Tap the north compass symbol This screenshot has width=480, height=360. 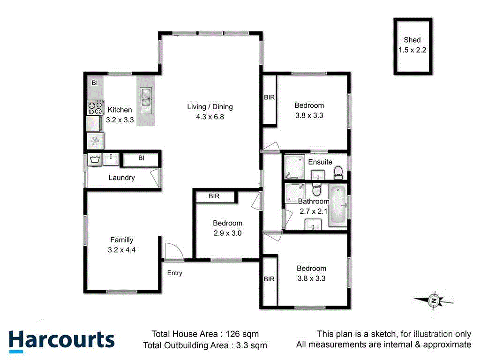[434, 300]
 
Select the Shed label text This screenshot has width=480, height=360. [412, 40]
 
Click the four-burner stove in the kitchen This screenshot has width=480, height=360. [95, 108]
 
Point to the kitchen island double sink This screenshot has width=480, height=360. [146, 97]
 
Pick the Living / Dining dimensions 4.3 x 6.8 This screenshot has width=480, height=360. [210, 117]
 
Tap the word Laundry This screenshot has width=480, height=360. [122, 178]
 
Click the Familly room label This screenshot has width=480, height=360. [122, 240]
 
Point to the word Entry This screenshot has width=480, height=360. [175, 273]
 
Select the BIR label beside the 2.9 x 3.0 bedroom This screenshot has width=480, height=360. [214, 196]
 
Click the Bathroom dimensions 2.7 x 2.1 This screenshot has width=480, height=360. [314, 211]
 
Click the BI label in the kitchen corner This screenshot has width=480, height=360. [95, 83]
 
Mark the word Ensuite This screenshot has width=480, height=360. [320, 162]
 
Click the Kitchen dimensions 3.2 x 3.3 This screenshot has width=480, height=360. [120, 120]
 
